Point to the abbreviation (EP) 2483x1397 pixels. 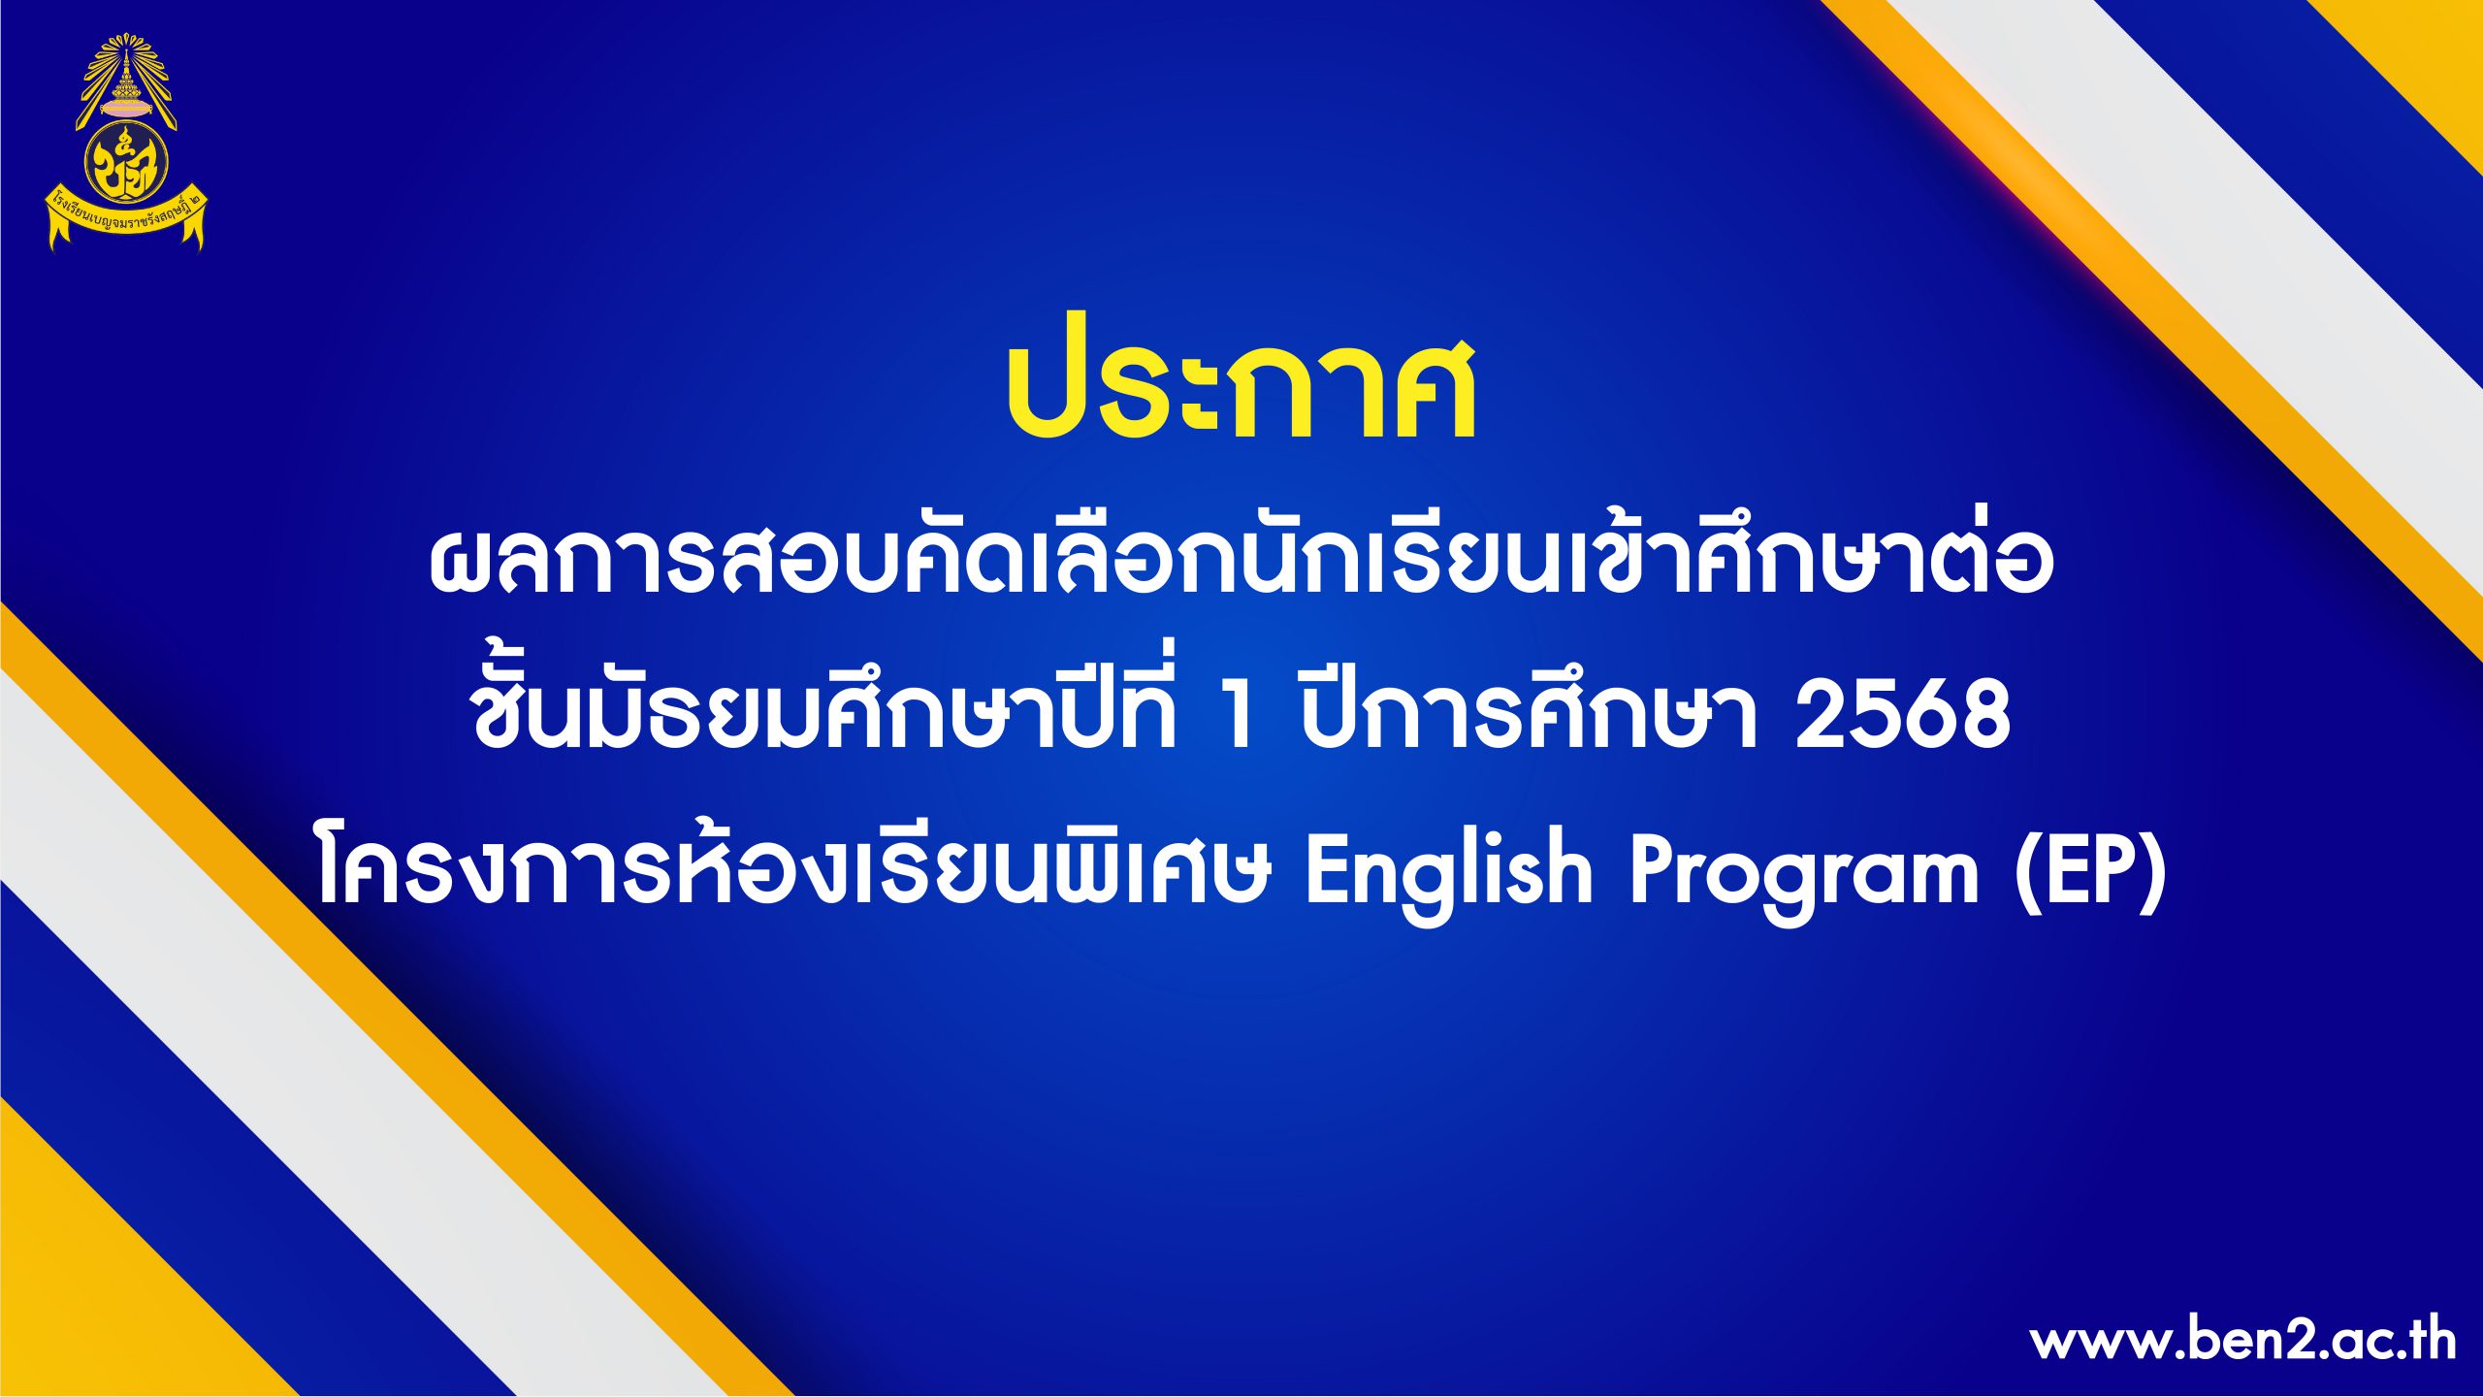pyautogui.click(x=2090, y=871)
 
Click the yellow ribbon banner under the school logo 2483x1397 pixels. pyautogui.click(x=127, y=221)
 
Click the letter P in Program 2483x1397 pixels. pyautogui.click(x=1659, y=871)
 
